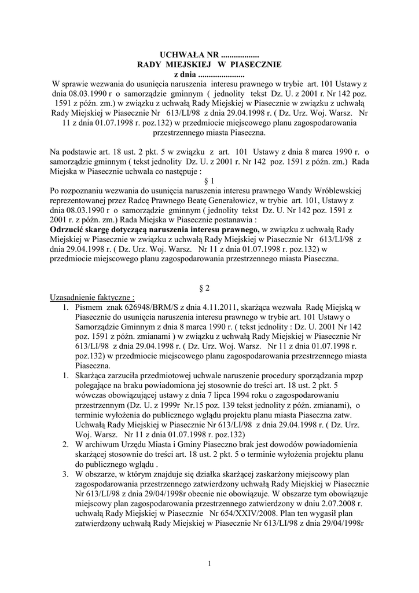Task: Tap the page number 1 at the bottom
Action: (x=209, y=562)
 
